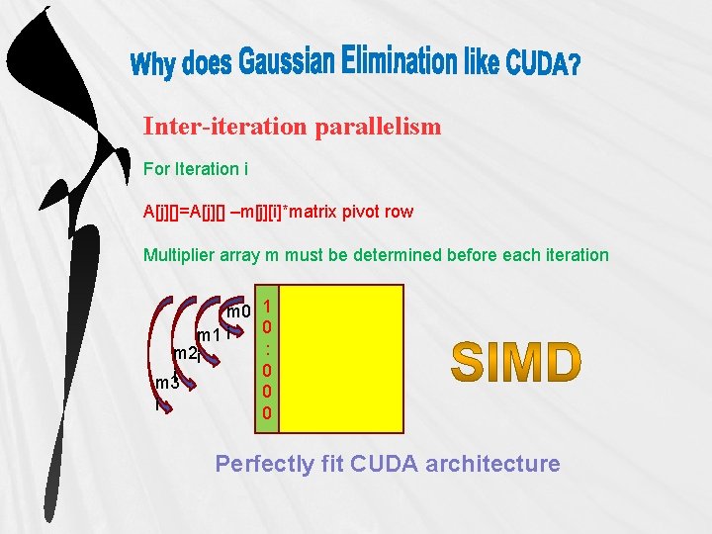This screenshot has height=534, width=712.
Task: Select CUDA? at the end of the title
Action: pos(543,65)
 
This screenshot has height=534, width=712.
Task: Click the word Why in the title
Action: pos(154,66)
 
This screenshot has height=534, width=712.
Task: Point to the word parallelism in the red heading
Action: pos(379,127)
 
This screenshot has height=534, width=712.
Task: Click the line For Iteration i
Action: pos(192,169)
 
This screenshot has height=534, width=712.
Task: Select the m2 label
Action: pos(184,353)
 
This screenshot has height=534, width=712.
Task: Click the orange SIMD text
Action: pos(516,362)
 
